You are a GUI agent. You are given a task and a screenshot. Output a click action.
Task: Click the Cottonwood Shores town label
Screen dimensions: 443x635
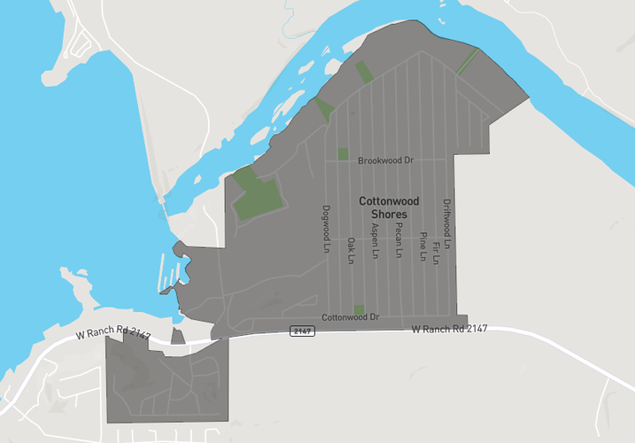tap(383, 208)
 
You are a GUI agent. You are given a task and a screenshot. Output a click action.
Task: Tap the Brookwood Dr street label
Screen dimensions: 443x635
tap(386, 161)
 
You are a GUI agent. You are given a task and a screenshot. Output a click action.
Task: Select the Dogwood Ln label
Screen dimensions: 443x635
tap(327, 228)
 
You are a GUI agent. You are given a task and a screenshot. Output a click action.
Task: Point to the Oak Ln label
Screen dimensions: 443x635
tap(351, 250)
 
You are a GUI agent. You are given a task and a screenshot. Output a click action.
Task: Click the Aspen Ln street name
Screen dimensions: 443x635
tap(375, 239)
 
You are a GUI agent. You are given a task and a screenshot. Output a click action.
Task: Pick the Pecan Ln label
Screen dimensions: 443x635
tap(399, 239)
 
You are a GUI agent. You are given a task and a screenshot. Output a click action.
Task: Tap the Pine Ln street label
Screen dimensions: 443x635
tap(423, 247)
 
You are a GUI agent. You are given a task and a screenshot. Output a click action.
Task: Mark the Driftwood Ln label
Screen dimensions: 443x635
tap(447, 222)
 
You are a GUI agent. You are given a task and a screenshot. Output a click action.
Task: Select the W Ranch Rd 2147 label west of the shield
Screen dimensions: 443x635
tap(113, 335)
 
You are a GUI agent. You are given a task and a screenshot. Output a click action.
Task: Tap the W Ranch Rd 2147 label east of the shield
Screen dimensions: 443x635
tap(450, 330)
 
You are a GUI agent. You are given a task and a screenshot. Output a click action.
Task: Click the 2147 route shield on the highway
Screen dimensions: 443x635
tap(302, 330)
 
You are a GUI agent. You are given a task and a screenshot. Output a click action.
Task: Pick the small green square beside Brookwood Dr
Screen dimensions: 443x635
tap(343, 154)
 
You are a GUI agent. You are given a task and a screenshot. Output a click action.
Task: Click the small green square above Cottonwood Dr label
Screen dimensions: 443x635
tap(359, 309)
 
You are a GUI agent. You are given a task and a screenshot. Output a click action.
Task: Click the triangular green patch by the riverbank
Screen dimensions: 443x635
tap(323, 110)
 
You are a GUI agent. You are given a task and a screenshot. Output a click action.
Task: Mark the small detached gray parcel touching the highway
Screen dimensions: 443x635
tap(177, 337)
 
